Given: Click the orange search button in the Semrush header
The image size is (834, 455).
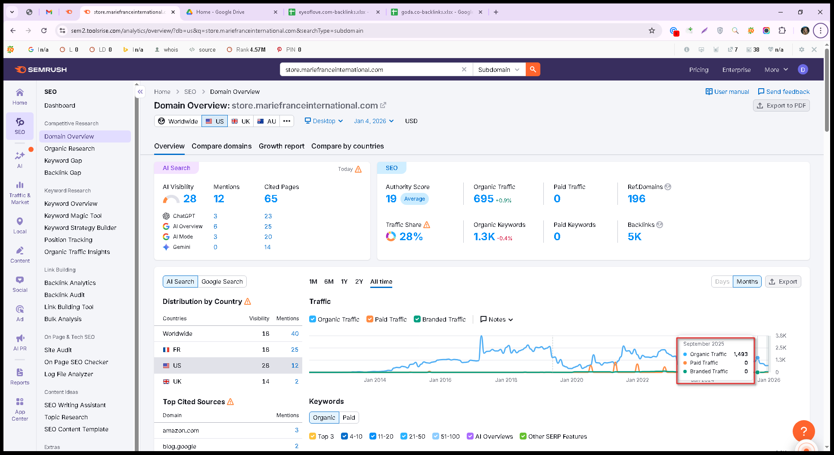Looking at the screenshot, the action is click(x=533, y=69).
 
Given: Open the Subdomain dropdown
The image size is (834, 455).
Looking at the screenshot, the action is click(x=499, y=69).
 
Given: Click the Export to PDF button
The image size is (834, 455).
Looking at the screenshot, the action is click(x=781, y=105).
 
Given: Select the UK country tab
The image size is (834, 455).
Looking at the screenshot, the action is click(x=241, y=121).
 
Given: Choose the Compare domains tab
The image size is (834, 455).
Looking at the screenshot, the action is click(x=222, y=146).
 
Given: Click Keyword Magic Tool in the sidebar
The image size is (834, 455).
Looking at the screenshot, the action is click(x=73, y=216).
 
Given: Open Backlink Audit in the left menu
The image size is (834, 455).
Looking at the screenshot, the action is click(x=65, y=295).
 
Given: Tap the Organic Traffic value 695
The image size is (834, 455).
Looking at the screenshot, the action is click(x=484, y=198).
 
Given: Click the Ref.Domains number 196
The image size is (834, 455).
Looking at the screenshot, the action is click(x=636, y=198).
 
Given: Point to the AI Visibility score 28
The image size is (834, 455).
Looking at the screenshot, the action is click(x=190, y=198).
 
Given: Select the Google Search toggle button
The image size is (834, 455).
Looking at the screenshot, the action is click(x=222, y=282).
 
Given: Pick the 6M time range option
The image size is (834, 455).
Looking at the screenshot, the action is click(x=329, y=282).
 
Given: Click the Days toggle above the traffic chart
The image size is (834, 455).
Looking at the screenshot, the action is click(x=722, y=282).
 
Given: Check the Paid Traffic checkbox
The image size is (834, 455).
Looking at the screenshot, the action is click(x=369, y=319).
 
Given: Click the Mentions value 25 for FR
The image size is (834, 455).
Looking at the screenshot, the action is click(x=295, y=350).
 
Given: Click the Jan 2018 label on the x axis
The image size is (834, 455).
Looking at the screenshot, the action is click(x=506, y=380).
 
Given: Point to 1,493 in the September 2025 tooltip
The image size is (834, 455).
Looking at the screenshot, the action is click(x=741, y=354).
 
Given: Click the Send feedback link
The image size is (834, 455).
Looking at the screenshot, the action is click(x=784, y=92).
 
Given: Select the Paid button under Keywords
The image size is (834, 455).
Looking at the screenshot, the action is click(x=349, y=418).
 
